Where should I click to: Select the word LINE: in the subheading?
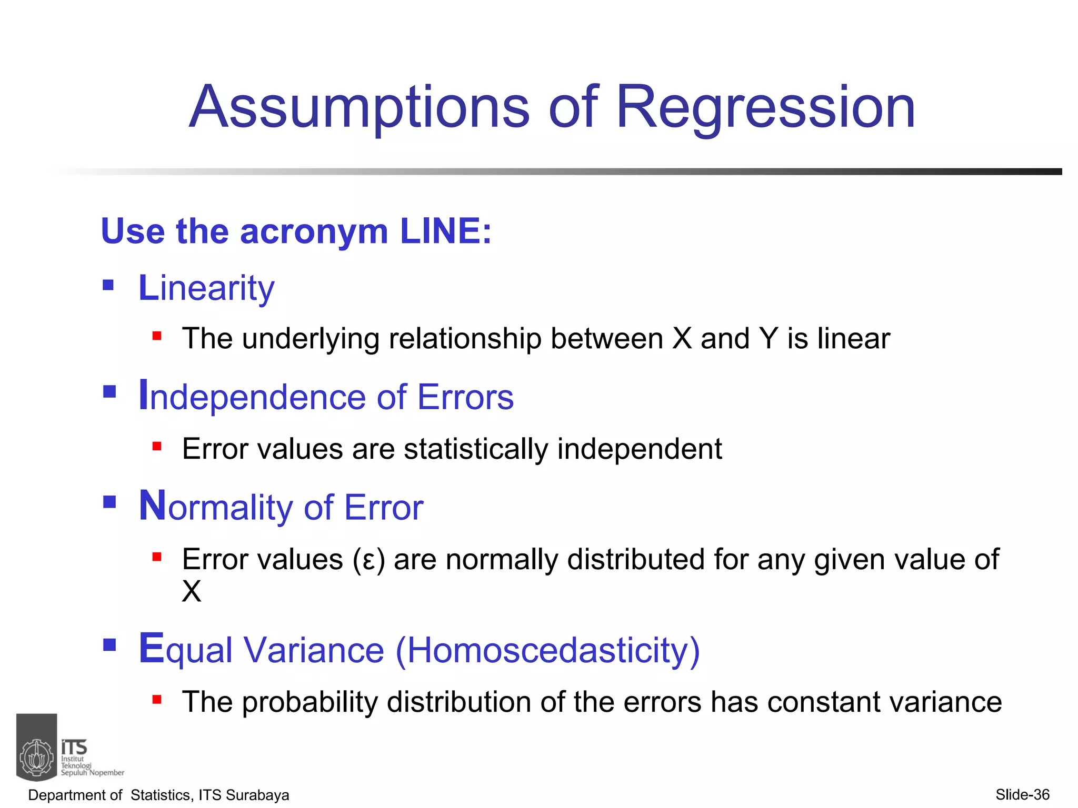tap(445, 231)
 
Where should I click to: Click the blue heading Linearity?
tap(206, 288)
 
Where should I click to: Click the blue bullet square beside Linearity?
tap(108, 286)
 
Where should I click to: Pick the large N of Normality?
tap(152, 506)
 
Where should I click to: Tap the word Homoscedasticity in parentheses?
tap(547, 650)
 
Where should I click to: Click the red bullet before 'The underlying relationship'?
tap(157, 336)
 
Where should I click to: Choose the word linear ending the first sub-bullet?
tap(853, 338)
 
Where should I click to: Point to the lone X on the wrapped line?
tap(192, 591)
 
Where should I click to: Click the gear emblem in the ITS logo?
tap(37, 757)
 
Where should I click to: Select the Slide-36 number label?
tap(1022, 794)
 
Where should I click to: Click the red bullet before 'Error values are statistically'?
tap(157, 447)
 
